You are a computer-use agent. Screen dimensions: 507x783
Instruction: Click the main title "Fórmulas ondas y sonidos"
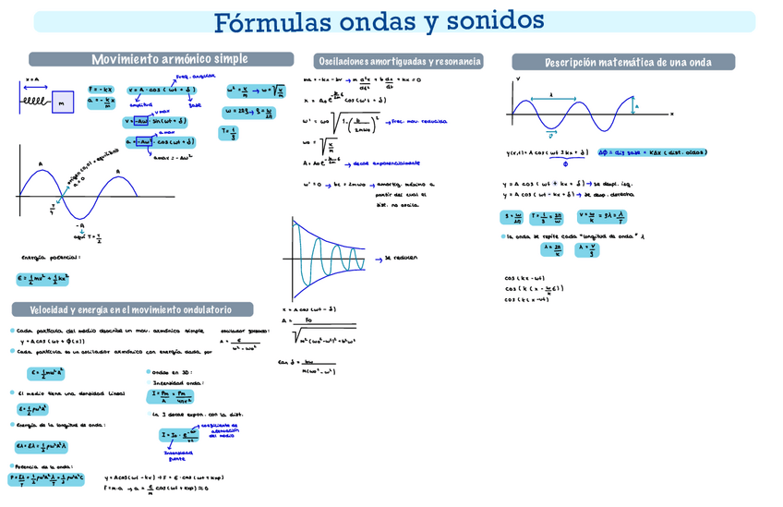[x=379, y=20]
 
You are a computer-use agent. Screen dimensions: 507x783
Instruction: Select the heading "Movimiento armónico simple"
[x=170, y=59]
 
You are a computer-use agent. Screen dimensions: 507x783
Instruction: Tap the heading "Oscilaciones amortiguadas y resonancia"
[x=399, y=62]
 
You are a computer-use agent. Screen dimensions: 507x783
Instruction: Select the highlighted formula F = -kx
[x=100, y=90]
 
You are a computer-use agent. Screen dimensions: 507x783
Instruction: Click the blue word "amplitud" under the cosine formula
[x=141, y=105]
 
